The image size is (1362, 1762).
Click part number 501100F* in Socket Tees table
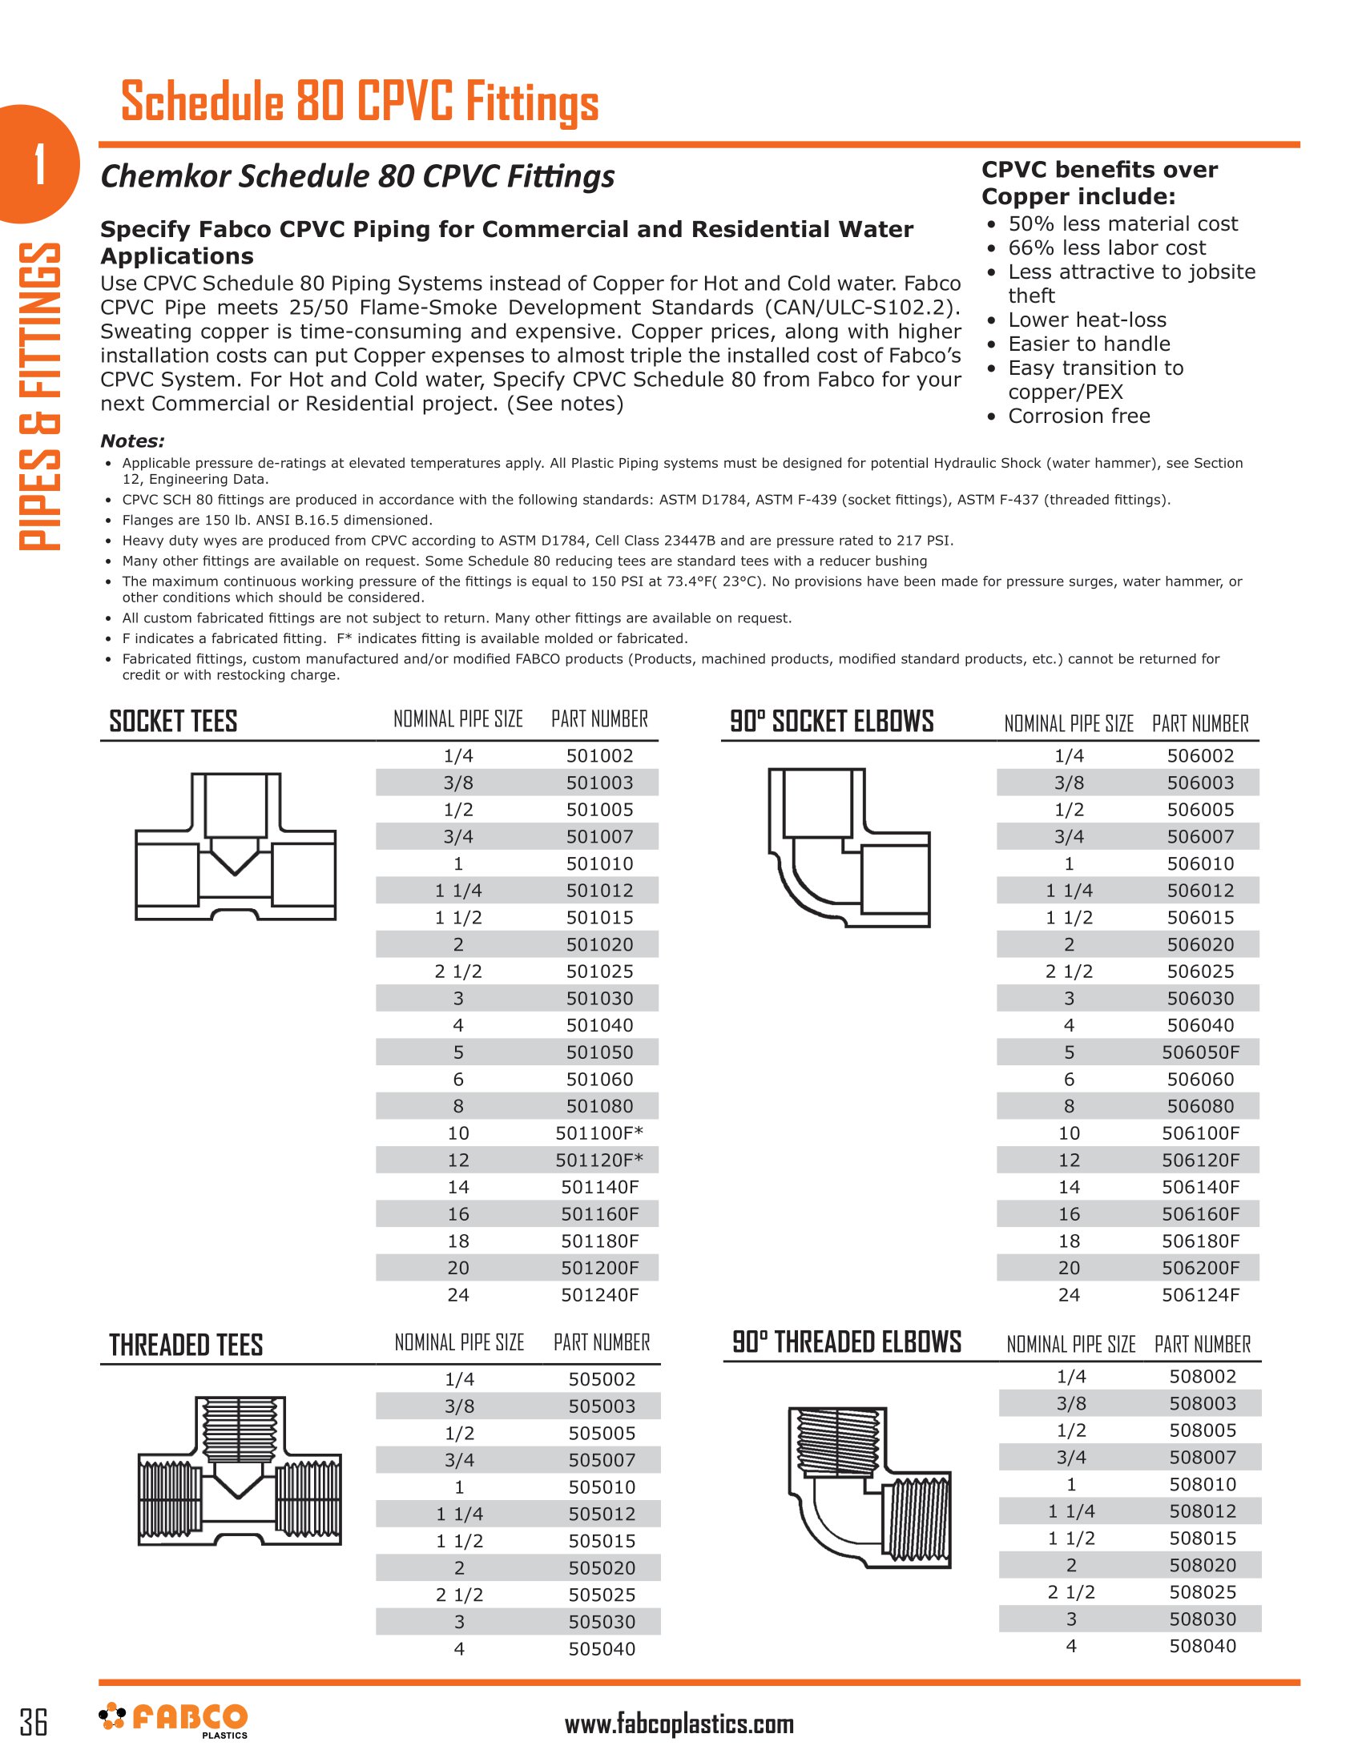pyautogui.click(x=598, y=1132)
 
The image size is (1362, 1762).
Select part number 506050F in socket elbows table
pyautogui.click(x=1200, y=1052)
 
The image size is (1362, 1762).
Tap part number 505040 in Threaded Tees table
pyautogui.click(x=601, y=1648)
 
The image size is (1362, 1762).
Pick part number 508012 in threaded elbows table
pyautogui.click(x=1203, y=1511)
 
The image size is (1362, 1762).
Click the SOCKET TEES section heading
pyautogui.click(x=174, y=721)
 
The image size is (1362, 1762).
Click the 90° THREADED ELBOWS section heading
pyautogui.click(x=846, y=1342)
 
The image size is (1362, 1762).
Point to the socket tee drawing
pyautogui.click(x=235, y=847)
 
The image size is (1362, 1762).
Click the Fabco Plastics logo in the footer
pyautogui.click(x=174, y=1720)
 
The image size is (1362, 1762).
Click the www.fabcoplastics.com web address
pyautogui.click(x=679, y=1724)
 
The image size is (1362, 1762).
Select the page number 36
pyautogui.click(x=34, y=1722)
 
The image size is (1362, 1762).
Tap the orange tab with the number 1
pyautogui.click(x=38, y=163)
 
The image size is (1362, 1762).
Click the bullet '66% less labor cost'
pyautogui.click(x=1106, y=247)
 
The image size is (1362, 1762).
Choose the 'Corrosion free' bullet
pyautogui.click(x=1079, y=416)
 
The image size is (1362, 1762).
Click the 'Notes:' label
pyautogui.click(x=132, y=441)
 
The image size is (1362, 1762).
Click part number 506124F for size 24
pyautogui.click(x=1200, y=1295)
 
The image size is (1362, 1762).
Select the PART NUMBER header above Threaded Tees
pyautogui.click(x=601, y=1342)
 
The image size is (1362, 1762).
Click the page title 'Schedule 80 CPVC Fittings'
pyautogui.click(x=360, y=103)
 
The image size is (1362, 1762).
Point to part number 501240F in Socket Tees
pyautogui.click(x=599, y=1295)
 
